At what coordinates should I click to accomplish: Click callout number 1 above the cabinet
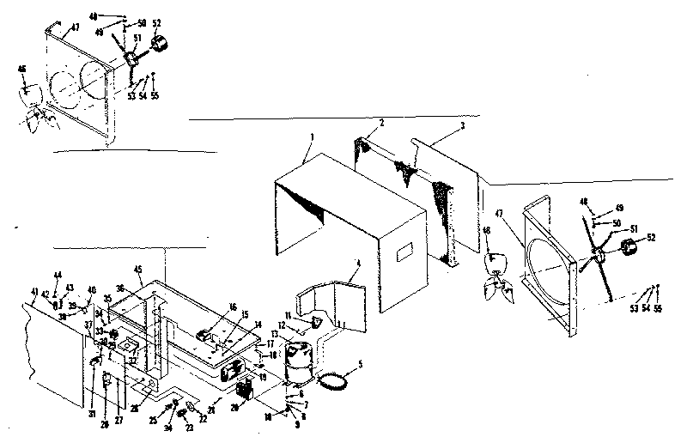coord(313,137)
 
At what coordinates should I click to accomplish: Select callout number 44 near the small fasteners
coord(57,275)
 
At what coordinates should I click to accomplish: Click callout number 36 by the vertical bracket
coord(121,288)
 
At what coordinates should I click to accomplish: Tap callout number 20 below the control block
coord(234,410)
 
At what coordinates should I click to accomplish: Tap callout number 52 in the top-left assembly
coord(155,23)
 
